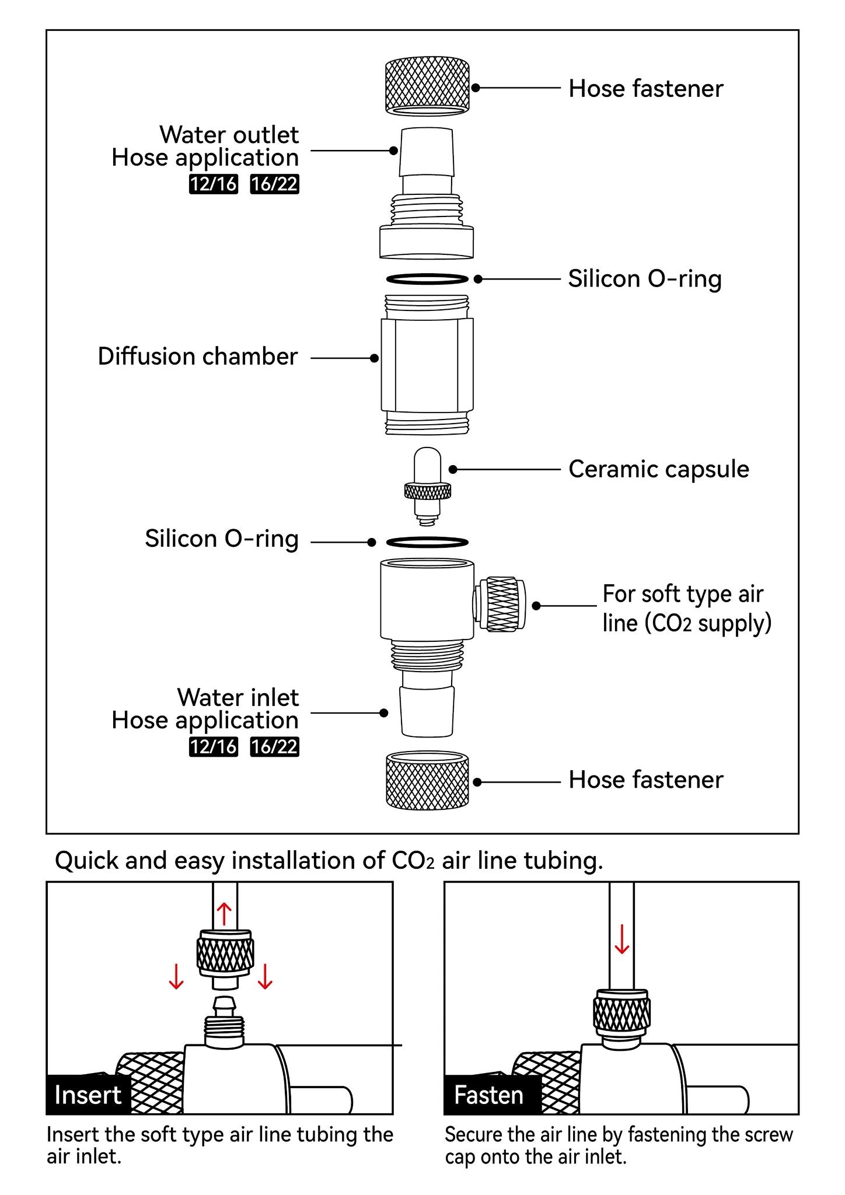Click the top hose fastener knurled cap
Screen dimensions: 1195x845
[428, 85]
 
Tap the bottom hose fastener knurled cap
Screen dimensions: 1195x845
[428, 780]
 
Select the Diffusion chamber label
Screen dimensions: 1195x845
[197, 357]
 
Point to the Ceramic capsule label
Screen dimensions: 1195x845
[658, 469]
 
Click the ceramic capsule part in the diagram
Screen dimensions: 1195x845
[428, 482]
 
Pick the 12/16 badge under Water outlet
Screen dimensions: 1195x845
[214, 184]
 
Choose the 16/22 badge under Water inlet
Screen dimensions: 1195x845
[274, 747]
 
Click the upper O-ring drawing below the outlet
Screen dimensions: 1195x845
[428, 279]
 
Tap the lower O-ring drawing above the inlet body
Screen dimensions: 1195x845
[428, 542]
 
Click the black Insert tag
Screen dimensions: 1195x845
[88, 1095]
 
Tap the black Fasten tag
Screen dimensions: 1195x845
[489, 1095]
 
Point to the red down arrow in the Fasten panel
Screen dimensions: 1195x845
[622, 939]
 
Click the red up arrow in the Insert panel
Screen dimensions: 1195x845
[225, 914]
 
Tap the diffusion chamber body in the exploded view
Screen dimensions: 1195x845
[428, 365]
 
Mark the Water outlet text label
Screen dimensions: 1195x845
[229, 135]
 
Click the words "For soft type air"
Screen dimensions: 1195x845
[683, 594]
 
